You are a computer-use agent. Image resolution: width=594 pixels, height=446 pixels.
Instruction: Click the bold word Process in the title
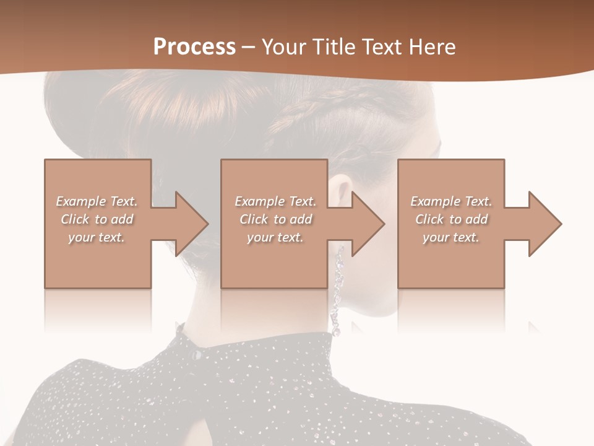194,46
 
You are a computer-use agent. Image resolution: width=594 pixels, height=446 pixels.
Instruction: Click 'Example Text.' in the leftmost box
97,201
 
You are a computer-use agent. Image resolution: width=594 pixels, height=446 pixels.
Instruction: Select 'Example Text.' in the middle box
275,201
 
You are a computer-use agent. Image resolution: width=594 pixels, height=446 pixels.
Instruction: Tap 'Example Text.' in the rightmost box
451,201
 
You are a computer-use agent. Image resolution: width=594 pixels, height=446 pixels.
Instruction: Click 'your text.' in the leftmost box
97,237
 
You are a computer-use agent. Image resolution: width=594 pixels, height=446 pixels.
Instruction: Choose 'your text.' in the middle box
275,237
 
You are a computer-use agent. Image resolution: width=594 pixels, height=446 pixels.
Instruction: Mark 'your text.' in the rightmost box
451,237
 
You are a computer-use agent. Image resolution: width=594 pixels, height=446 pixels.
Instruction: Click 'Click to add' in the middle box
275,219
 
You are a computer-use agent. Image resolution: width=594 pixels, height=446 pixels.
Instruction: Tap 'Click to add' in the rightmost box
451,219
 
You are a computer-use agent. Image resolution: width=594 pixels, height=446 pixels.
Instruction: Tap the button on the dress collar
196,354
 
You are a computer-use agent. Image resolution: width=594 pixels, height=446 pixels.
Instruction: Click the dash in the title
248,47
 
